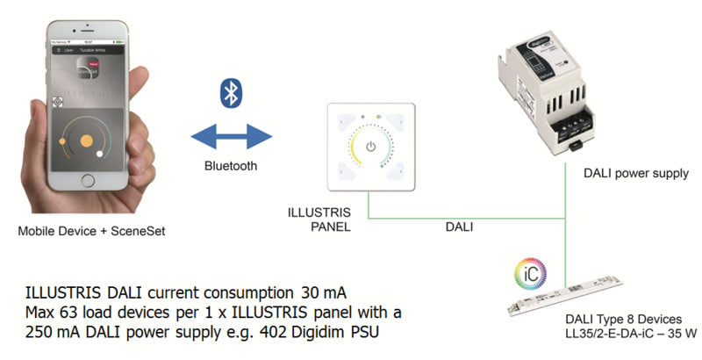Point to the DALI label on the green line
click(458, 227)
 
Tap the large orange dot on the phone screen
click(87, 141)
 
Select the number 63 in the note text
click(71, 313)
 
